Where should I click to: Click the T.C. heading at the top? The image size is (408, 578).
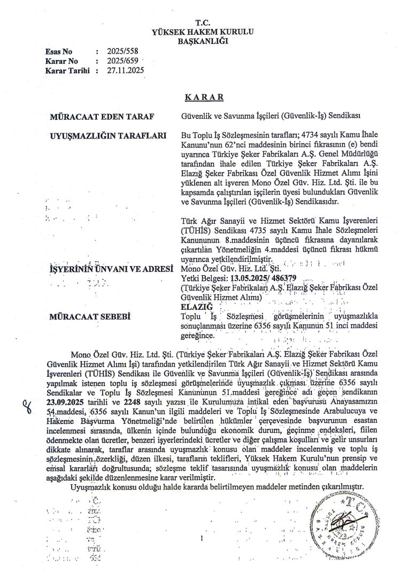pos(202,22)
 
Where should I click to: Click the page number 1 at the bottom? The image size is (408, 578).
pos(203,537)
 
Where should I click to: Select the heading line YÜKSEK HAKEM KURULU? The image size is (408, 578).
pos(202,31)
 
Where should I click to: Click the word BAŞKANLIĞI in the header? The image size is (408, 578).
pos(202,40)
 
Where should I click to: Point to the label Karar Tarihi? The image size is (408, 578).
pos(67,70)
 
